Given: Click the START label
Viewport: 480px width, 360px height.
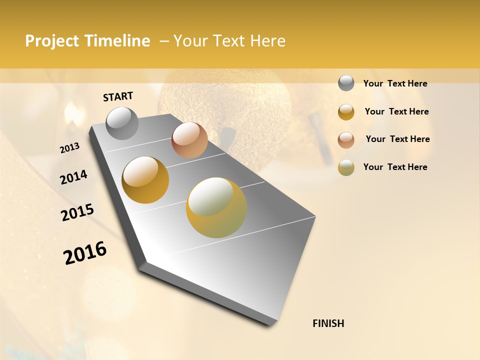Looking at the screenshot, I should [x=118, y=96].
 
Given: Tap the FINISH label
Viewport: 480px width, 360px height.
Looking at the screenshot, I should [x=328, y=323].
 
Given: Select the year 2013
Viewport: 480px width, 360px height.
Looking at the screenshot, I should [x=70, y=147].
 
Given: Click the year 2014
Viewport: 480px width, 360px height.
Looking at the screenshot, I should [x=74, y=177].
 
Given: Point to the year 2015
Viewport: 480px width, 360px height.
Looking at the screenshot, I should [x=77, y=212].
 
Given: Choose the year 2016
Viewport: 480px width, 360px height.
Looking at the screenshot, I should [x=85, y=253].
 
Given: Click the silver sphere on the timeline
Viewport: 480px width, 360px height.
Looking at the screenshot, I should [x=122, y=123].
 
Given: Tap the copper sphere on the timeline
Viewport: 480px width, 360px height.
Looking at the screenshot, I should [x=189, y=140].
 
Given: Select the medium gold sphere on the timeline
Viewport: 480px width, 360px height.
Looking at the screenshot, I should [x=145, y=180].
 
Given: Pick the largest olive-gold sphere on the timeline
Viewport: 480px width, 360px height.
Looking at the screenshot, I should [x=216, y=207].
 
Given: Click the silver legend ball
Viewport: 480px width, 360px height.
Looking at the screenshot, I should [x=346, y=83].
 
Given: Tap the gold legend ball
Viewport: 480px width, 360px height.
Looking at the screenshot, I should [x=346, y=112].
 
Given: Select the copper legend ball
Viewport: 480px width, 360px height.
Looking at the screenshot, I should [x=346, y=140].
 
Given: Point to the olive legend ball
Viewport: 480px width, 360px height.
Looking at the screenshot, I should [x=346, y=167].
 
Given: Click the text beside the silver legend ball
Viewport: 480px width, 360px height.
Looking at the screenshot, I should [x=395, y=83].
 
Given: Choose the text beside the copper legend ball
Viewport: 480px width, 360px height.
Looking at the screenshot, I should [x=397, y=139].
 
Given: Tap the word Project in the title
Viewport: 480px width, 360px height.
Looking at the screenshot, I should [x=51, y=41].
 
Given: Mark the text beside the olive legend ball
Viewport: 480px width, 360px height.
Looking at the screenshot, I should [x=395, y=167].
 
